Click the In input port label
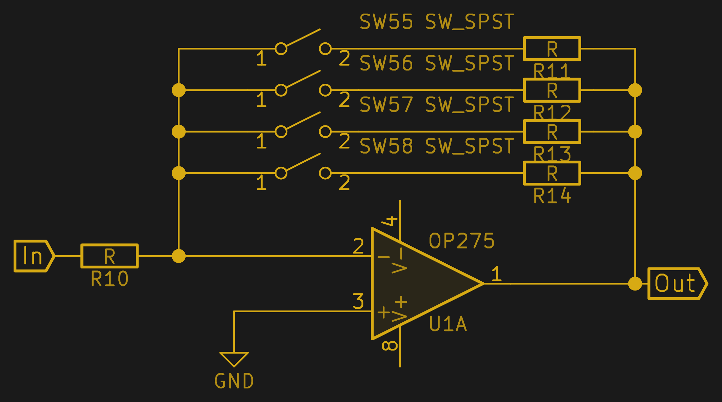coord(33,256)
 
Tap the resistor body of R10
coord(109,256)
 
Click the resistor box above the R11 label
coord(552,49)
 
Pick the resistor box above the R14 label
coord(552,173)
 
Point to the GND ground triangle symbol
coord(234,359)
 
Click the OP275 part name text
coord(461,241)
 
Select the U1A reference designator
coord(448,324)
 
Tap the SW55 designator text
coord(386,22)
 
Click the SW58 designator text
coord(386,146)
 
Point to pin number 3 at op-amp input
coord(358,301)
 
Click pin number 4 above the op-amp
coord(390,221)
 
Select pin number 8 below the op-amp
coord(390,346)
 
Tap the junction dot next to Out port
coord(635,284)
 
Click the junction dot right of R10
coord(179,256)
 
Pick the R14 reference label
coord(552,196)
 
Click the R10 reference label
coord(110,279)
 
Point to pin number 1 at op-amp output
coord(496,274)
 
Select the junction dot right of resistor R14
coord(635,173)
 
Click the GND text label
coord(234,381)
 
